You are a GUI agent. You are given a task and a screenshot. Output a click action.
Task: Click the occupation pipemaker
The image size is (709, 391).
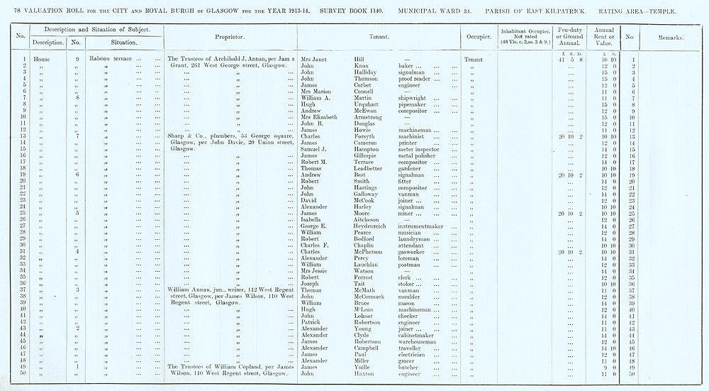(414, 104)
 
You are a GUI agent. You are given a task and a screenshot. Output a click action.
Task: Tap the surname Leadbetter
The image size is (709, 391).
(369, 167)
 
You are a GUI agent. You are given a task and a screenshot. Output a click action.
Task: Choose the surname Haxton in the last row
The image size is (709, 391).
(364, 373)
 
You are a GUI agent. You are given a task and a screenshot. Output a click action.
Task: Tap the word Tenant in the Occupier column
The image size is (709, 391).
(472, 59)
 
